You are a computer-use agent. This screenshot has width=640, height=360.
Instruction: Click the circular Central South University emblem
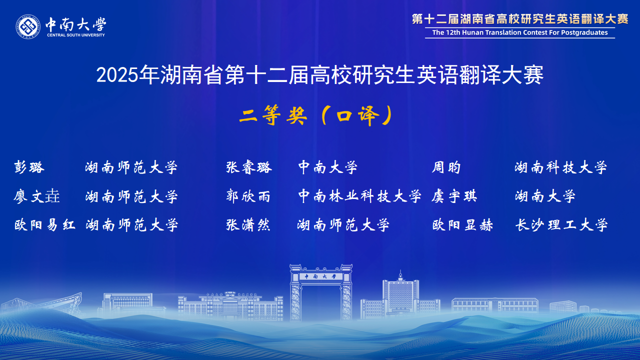tap(28, 27)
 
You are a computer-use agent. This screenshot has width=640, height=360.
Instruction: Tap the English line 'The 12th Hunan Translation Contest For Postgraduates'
tap(520, 33)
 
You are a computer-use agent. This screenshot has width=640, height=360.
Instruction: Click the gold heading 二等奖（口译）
tap(316, 116)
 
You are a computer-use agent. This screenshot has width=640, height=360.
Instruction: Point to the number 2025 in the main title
tap(117, 76)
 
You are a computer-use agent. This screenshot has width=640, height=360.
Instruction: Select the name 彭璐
tap(29, 167)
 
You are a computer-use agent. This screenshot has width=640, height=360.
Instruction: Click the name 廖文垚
tap(37, 196)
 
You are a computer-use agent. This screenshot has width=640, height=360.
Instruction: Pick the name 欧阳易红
tap(45, 225)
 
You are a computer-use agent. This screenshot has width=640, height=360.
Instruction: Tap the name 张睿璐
tap(249, 167)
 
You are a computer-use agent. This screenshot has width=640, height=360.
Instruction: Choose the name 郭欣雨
tap(248, 196)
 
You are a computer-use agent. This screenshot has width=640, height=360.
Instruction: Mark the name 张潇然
tap(248, 225)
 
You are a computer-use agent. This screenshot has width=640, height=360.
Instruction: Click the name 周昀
tap(446, 167)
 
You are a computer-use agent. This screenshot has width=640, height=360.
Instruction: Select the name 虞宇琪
tap(454, 196)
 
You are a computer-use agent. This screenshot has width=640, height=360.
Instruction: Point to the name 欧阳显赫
tap(462, 225)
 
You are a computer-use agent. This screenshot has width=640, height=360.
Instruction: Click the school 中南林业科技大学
tap(360, 196)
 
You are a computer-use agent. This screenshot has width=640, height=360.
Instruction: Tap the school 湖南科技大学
tap(561, 167)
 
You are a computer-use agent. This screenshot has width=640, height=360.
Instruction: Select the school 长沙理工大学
tap(561, 225)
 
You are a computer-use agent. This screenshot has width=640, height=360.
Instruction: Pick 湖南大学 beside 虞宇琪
tap(545, 196)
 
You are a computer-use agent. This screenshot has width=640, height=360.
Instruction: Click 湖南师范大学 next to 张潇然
tap(343, 225)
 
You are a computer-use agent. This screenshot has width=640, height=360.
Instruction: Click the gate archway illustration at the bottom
tap(321, 292)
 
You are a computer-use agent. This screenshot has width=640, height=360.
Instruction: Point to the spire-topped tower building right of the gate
tap(400, 295)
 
